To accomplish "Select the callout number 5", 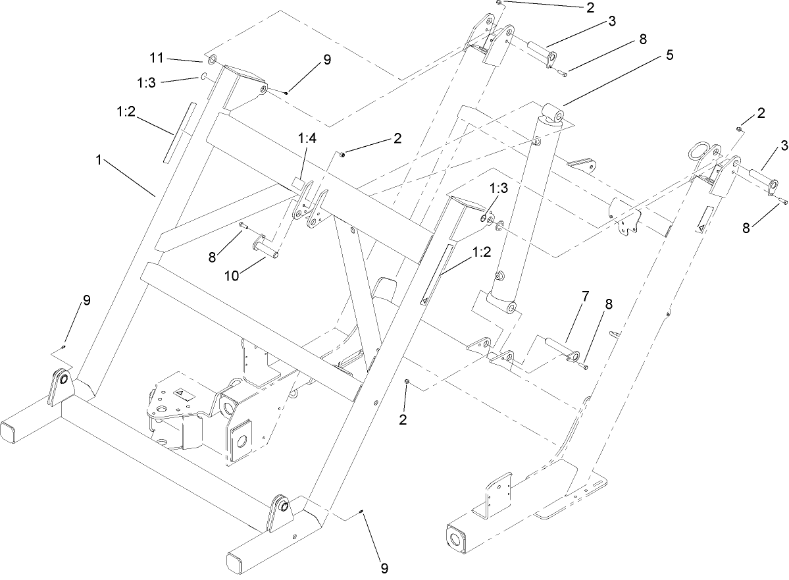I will click(669, 55).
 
